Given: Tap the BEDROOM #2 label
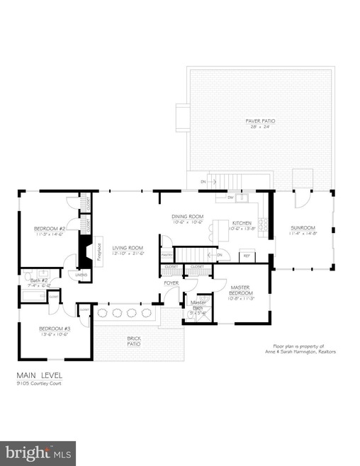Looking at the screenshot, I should (x=50, y=229).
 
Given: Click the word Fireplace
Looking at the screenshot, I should (x=99, y=250).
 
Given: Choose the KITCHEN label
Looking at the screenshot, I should (x=242, y=222).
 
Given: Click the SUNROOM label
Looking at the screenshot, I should (x=302, y=229).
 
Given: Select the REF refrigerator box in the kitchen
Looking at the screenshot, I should (x=247, y=255).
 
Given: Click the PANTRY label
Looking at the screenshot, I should (x=167, y=254).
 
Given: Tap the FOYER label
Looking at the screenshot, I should (x=171, y=283).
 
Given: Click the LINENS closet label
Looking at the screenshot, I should (x=81, y=275).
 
